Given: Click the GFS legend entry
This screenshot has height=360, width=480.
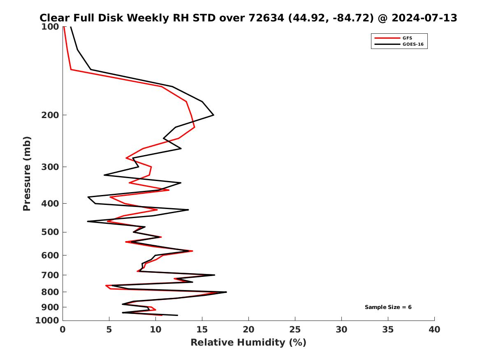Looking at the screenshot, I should click(x=407, y=38).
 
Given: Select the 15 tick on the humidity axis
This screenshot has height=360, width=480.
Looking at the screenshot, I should click(x=202, y=330).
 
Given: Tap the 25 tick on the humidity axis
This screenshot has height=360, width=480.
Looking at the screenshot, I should click(x=295, y=330).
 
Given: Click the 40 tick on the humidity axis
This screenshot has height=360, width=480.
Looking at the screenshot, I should click(x=434, y=330).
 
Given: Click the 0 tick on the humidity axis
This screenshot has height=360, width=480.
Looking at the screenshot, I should click(x=63, y=330).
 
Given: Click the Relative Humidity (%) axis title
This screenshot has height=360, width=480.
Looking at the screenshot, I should click(x=248, y=343).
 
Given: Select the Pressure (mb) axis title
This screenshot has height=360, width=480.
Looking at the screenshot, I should click(x=27, y=173).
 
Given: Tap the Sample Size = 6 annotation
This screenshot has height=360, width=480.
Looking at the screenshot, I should click(x=388, y=307).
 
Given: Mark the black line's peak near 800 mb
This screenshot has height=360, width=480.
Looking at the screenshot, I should click(x=226, y=292).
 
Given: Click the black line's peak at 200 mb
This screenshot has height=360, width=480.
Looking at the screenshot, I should click(x=213, y=115).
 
